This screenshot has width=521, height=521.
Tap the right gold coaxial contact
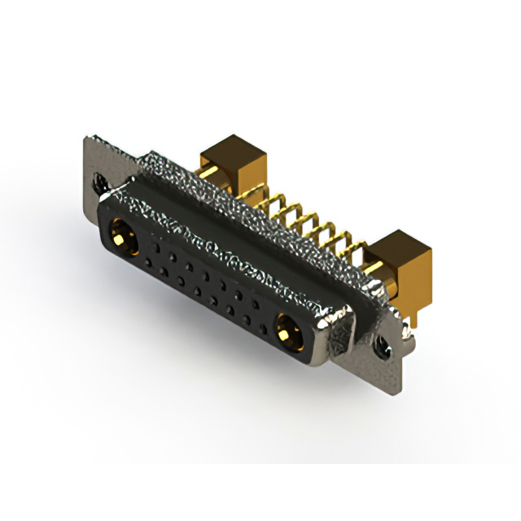click(284, 331)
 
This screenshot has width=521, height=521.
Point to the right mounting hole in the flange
click(379, 346)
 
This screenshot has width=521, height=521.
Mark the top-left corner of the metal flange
click(87, 138)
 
